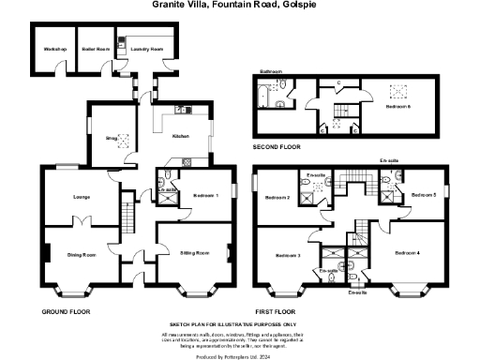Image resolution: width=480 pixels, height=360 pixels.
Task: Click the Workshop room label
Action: point(51,48)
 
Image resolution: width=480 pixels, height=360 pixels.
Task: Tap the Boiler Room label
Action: point(96,48)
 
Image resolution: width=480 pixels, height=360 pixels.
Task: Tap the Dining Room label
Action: point(82,254)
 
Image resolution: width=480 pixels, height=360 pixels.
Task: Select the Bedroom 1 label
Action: point(205,195)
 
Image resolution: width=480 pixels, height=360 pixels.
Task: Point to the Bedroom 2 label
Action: point(277,198)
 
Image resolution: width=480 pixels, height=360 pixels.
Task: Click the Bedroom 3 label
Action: point(287,255)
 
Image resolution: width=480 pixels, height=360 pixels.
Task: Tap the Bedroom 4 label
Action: point(407,253)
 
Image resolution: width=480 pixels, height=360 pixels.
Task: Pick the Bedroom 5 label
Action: point(424,195)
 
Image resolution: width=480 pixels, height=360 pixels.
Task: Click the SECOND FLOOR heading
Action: point(277,148)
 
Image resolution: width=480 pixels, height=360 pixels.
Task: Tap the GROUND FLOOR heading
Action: point(66,309)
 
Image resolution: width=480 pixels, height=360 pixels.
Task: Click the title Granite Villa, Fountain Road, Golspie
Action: point(239,5)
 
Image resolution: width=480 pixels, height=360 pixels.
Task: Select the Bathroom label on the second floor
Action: point(271,71)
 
